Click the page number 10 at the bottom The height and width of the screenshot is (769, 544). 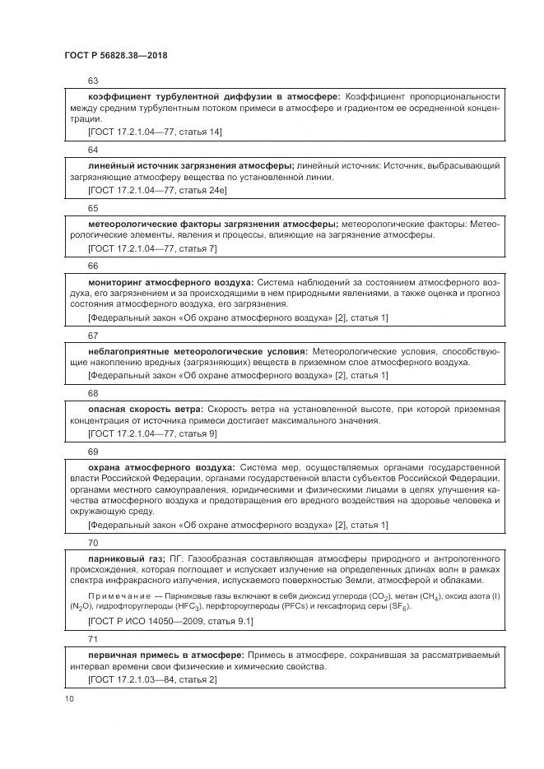69,698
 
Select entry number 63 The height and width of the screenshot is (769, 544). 93,81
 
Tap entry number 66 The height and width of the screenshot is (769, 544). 93,266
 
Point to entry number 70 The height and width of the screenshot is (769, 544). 93,543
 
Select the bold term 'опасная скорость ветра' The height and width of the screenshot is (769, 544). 145,409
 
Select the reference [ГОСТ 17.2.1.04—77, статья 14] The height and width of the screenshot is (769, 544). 154,132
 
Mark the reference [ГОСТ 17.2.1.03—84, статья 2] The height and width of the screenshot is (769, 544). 151,680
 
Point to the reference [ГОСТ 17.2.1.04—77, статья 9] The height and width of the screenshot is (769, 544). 151,433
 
